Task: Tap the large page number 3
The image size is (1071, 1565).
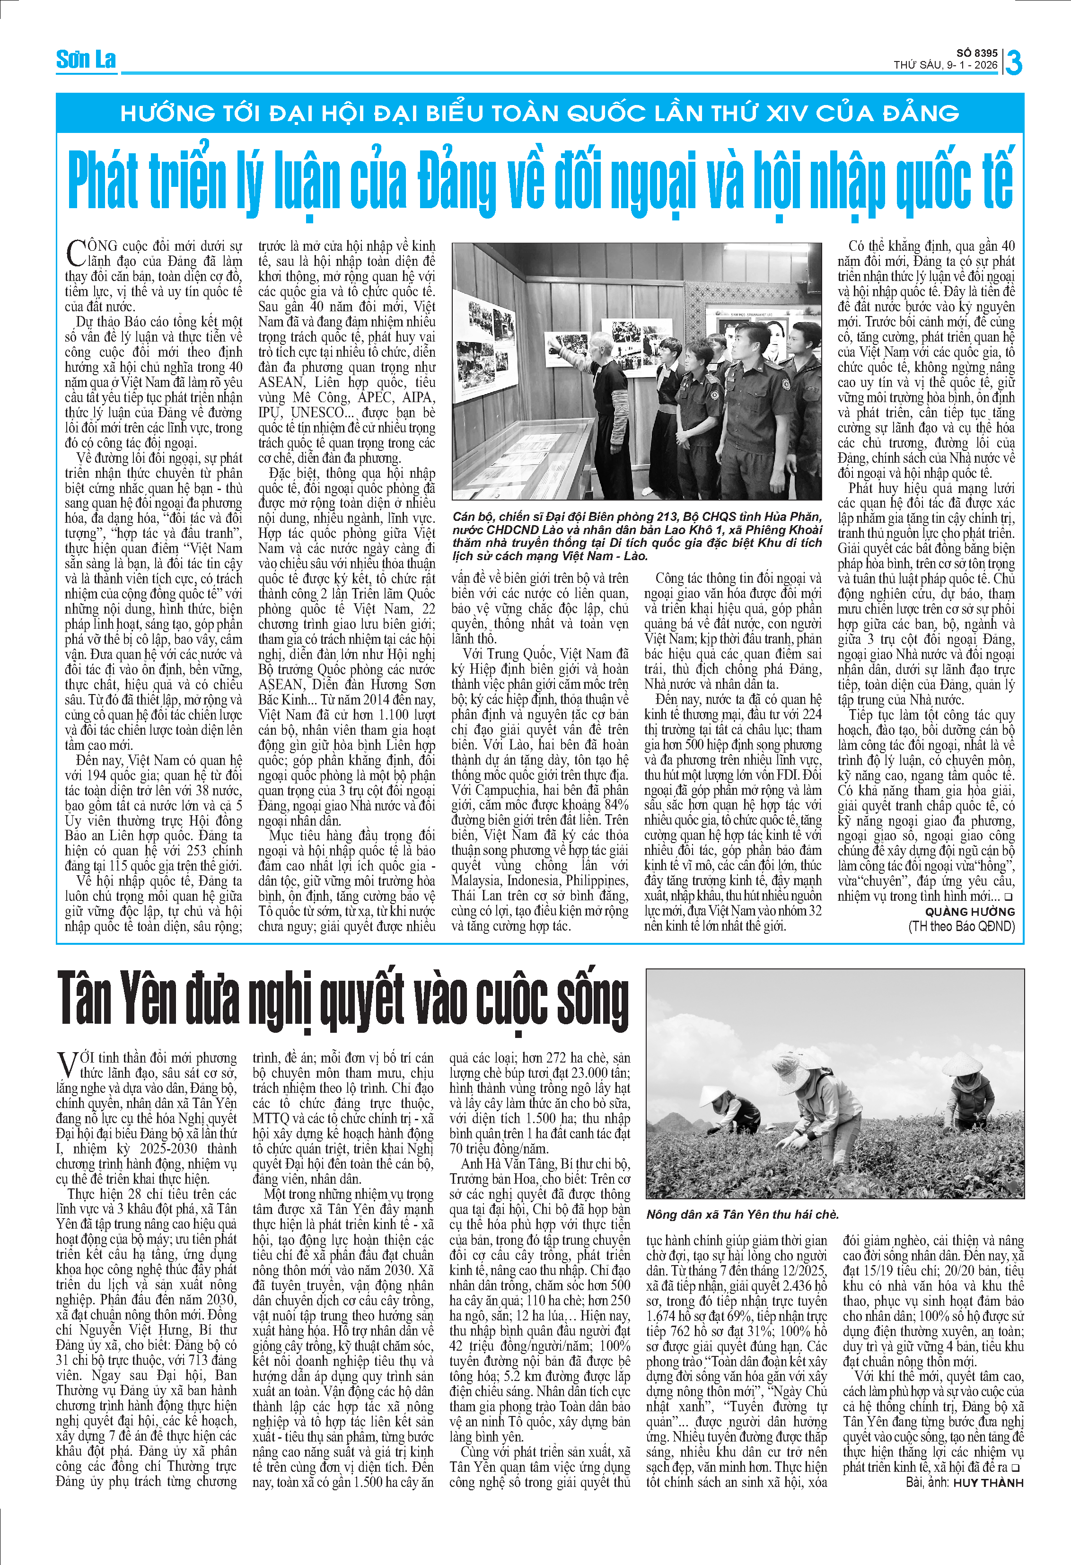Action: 1013,62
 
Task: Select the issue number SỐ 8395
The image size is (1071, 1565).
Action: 977,53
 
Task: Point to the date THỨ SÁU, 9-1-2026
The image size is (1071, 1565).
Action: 945,65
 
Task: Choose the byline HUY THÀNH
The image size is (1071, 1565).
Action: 988,1482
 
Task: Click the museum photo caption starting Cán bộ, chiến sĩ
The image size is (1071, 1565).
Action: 636,536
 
